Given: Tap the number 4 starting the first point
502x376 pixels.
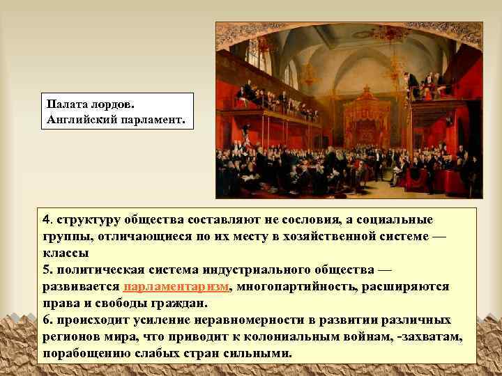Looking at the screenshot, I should [46, 220].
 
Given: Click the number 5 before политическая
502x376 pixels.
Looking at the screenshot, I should [46, 270].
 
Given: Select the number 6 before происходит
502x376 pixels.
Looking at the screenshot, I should [46, 320].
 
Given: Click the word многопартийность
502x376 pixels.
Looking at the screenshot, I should [301, 286].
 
